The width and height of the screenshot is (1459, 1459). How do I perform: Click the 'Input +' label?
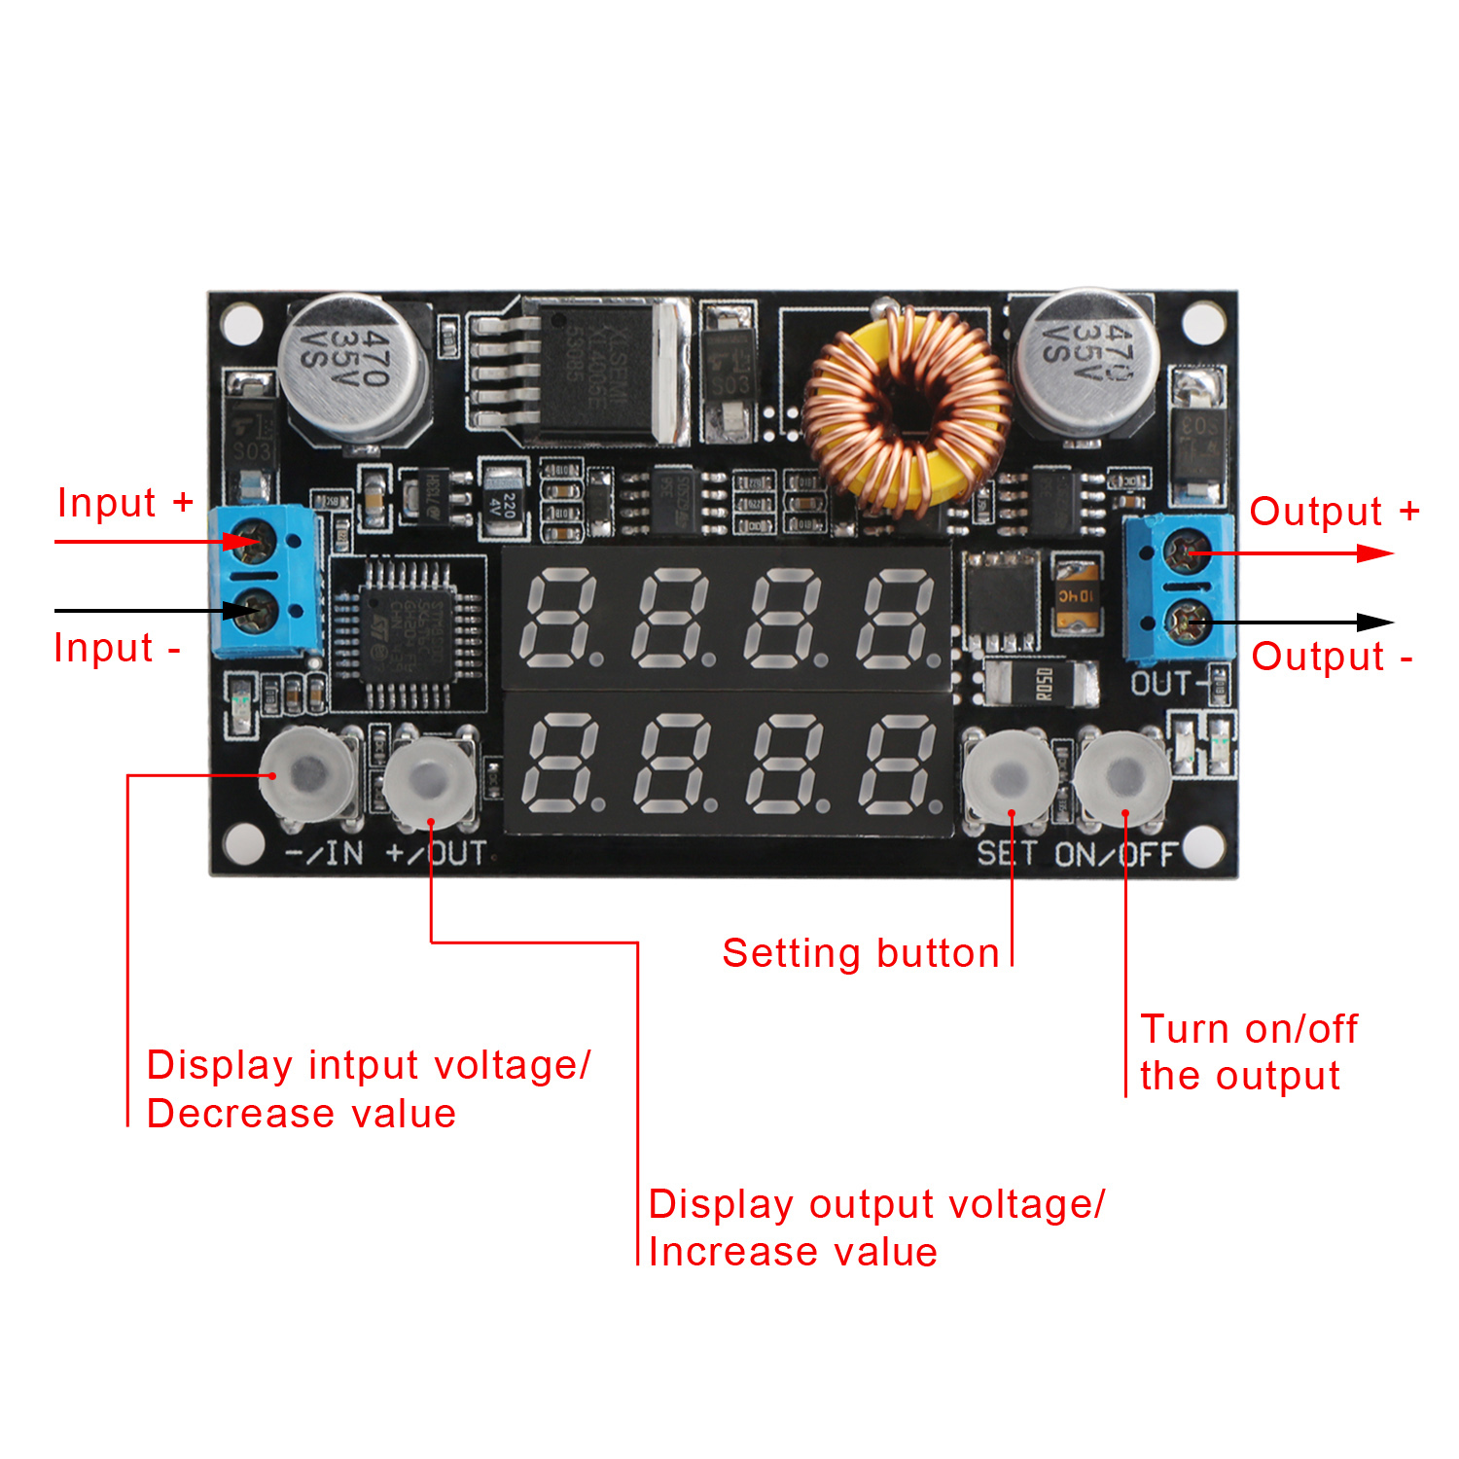click(x=125, y=503)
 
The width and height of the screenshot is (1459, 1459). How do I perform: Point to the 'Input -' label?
click(x=117, y=648)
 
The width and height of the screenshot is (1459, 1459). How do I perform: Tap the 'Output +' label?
click(x=1334, y=512)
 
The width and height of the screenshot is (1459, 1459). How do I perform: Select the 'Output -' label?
click(x=1332, y=657)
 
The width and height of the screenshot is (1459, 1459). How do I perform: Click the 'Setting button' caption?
click(x=861, y=953)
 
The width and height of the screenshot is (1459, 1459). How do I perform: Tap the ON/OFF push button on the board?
click(x=1123, y=777)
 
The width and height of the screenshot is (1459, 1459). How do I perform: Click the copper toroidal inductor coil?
click(x=907, y=408)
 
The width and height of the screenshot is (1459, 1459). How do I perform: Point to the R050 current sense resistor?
click(x=1042, y=683)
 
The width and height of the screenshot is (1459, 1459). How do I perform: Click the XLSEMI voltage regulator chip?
click(x=598, y=370)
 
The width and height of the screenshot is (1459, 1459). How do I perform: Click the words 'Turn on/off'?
click(x=1249, y=1029)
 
